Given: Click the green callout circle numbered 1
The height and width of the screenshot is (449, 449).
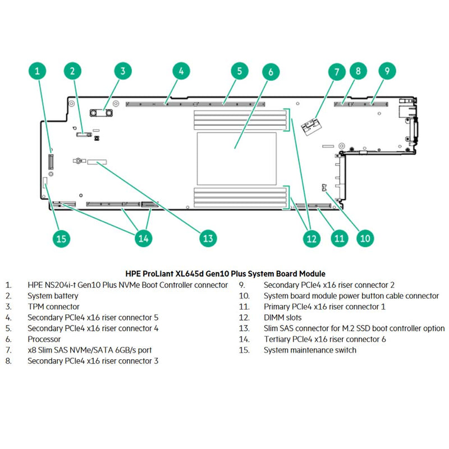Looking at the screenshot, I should (x=37, y=71).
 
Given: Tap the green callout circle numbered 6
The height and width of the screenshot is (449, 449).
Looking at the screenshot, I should (x=271, y=72).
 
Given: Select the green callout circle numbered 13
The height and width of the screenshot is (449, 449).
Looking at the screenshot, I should (x=208, y=238).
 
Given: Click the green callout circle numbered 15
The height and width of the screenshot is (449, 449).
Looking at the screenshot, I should (x=62, y=238).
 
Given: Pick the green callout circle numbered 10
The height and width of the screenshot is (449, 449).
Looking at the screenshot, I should (x=365, y=238).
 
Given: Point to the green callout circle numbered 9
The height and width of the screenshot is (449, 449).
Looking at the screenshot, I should (x=387, y=71).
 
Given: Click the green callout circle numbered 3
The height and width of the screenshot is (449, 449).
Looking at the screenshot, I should (x=123, y=71).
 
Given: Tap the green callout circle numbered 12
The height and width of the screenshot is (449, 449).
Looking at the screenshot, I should (x=311, y=238).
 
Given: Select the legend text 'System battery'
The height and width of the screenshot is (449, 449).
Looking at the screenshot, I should (x=53, y=296).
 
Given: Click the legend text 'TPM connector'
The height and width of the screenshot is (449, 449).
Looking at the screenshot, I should (x=53, y=306).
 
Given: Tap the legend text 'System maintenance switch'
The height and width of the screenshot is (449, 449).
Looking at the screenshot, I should (x=310, y=350).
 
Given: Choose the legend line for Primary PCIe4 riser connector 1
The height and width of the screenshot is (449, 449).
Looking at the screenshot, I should (x=324, y=306).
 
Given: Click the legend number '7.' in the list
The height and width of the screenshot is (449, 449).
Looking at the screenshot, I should (x=8, y=350).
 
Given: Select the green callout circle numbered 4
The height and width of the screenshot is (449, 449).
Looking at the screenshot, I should (x=180, y=71).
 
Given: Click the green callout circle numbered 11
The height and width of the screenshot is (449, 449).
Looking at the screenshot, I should (x=338, y=238).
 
